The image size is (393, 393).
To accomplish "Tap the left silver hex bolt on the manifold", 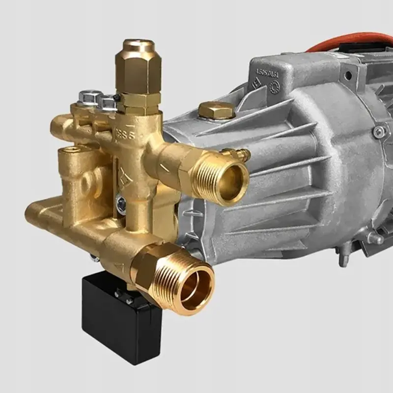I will [88, 97].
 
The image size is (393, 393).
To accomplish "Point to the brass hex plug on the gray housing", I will [216, 111].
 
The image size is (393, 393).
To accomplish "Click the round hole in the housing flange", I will [348, 76].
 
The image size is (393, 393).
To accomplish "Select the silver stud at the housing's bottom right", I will [374, 239].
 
